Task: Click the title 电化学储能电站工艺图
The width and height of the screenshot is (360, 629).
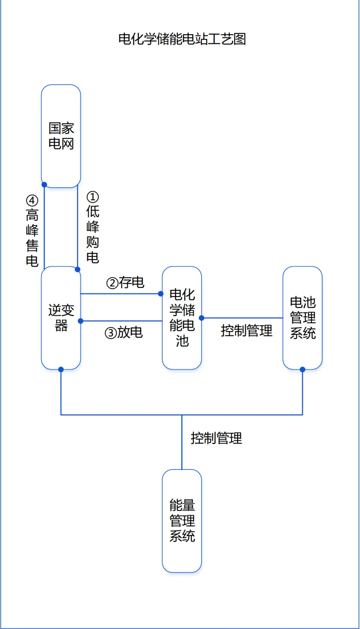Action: click(182, 39)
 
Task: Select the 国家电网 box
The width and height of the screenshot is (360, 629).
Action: click(61, 136)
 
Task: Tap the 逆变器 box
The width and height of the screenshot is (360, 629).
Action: click(61, 318)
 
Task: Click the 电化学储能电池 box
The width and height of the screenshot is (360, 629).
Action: click(182, 318)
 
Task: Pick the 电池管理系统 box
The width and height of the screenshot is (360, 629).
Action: click(302, 318)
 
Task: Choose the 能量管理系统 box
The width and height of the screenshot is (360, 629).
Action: click(182, 520)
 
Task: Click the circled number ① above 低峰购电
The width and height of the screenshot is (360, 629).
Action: click(92, 197)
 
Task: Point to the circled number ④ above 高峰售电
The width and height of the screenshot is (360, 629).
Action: click(32, 200)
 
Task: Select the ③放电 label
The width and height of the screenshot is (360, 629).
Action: click(124, 332)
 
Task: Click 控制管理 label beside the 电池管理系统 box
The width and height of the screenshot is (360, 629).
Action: click(246, 331)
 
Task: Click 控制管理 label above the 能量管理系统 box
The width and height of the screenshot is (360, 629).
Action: click(216, 438)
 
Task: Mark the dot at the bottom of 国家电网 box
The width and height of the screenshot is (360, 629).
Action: click(44, 185)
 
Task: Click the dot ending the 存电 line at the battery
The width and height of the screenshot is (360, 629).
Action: click(161, 294)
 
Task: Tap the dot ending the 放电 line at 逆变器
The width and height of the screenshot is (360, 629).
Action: click(81, 321)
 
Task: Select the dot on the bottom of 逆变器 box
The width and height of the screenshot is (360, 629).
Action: click(61, 369)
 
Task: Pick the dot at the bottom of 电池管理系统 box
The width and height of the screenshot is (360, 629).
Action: click(302, 369)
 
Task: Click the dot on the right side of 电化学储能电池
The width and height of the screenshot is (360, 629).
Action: click(202, 318)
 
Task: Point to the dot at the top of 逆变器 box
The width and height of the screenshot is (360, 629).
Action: click(78, 269)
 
